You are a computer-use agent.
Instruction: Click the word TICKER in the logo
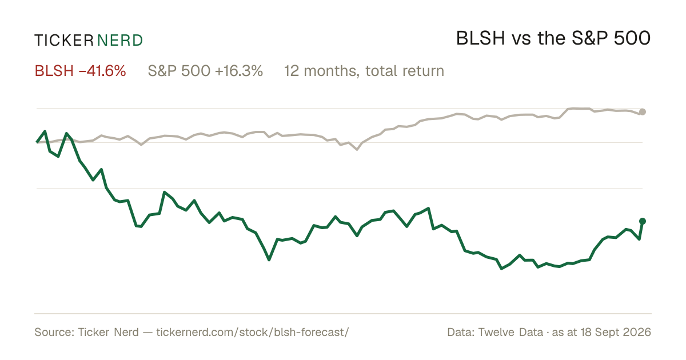[64, 41]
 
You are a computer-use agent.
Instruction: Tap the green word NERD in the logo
[119, 41]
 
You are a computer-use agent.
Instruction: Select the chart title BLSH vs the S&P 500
[553, 38]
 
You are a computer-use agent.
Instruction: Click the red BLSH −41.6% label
[80, 71]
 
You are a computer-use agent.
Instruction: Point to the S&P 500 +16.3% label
[205, 71]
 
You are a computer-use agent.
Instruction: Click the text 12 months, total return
[364, 71]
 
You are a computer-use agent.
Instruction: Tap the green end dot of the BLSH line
[643, 221]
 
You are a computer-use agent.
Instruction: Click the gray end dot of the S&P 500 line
[643, 112]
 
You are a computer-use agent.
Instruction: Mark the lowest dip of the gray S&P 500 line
[357, 150]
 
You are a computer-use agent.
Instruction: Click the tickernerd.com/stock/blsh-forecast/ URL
[253, 332]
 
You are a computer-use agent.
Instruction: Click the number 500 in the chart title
[632, 38]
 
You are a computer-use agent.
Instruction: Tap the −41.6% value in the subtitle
[102, 71]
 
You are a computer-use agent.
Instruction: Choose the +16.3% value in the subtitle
[239, 71]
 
